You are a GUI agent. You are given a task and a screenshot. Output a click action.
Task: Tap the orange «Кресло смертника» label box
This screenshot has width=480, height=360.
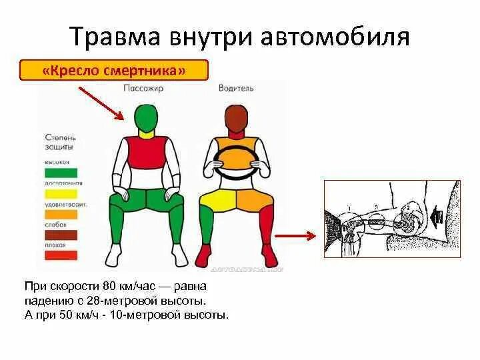click(113, 70)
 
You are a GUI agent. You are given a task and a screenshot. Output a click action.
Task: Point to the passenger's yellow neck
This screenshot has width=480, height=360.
click(147, 137)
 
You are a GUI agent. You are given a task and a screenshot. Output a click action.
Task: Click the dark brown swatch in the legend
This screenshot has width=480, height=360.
click(60, 234)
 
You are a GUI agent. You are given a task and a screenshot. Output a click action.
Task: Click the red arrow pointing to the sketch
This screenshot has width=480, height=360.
click(294, 235)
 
